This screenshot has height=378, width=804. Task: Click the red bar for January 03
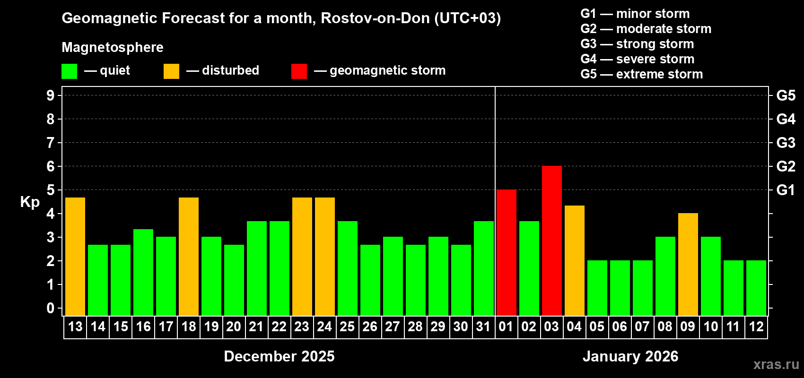point(551,241)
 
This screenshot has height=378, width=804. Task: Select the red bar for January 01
point(506,252)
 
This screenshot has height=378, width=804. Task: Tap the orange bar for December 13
point(75,256)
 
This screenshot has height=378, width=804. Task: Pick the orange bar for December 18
point(189,256)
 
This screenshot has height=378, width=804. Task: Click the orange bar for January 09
point(688,264)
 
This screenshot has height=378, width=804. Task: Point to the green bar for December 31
point(483,268)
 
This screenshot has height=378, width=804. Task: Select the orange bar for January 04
point(574,260)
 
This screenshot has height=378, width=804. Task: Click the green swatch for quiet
point(70,71)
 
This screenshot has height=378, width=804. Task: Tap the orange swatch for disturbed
point(171,71)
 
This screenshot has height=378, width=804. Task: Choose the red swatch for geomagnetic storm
point(299,71)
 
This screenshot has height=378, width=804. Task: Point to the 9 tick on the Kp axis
point(51,95)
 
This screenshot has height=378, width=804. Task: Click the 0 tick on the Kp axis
point(51,308)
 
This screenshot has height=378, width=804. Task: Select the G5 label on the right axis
point(786,95)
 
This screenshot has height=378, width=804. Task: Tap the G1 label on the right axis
point(786,190)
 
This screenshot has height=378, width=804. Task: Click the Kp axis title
point(30,202)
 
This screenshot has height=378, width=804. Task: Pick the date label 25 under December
point(347,326)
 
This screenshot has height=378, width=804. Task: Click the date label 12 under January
point(756,326)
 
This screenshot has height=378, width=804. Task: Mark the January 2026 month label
point(630,356)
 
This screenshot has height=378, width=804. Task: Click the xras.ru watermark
point(776,364)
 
